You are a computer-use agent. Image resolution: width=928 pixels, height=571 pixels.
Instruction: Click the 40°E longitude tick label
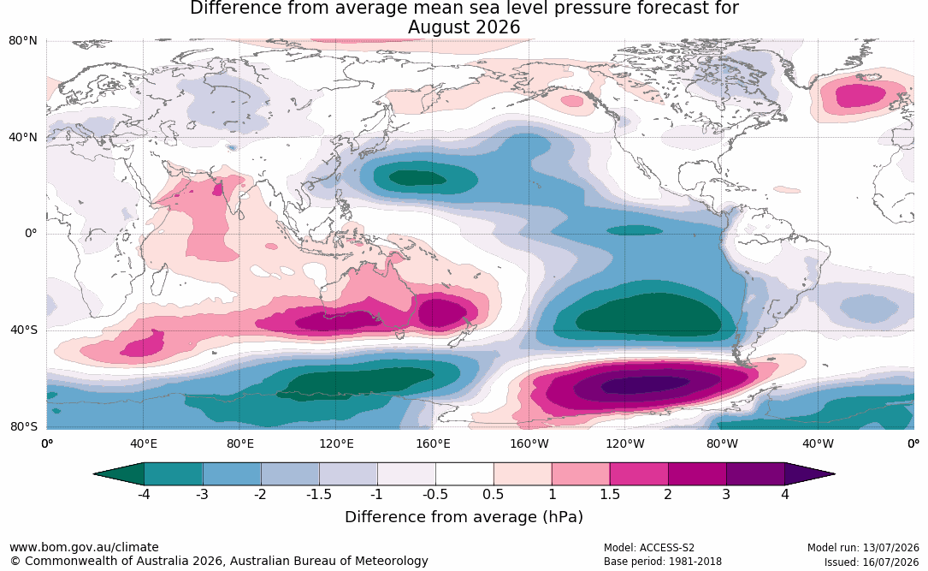(x=143, y=443)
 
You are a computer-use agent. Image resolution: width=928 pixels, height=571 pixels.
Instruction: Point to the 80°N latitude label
(x=23, y=41)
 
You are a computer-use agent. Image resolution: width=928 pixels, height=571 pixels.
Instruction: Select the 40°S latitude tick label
(x=24, y=330)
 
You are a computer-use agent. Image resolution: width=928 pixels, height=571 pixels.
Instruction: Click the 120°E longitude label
(x=336, y=443)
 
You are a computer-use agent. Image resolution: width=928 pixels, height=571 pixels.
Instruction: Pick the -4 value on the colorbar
(x=143, y=494)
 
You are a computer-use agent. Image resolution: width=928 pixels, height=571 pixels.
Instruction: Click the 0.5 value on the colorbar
(x=493, y=494)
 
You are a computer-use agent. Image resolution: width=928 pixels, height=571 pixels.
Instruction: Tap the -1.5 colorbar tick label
(x=318, y=494)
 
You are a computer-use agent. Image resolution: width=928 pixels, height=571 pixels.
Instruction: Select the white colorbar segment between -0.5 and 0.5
(x=464, y=474)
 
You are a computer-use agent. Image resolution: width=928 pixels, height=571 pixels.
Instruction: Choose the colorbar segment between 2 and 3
(x=697, y=474)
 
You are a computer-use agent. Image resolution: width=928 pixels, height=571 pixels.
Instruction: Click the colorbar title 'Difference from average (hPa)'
(x=464, y=517)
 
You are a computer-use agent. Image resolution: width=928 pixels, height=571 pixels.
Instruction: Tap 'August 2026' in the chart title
(x=464, y=27)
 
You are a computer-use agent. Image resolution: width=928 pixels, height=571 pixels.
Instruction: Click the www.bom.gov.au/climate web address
(x=84, y=547)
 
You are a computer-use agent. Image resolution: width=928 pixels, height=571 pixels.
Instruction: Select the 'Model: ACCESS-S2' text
(x=649, y=548)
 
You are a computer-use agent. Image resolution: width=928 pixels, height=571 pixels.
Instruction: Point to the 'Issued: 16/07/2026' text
(x=872, y=562)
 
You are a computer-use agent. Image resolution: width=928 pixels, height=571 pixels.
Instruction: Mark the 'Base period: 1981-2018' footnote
(x=663, y=562)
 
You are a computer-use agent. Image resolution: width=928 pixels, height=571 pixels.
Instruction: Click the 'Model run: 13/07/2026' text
(x=864, y=548)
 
